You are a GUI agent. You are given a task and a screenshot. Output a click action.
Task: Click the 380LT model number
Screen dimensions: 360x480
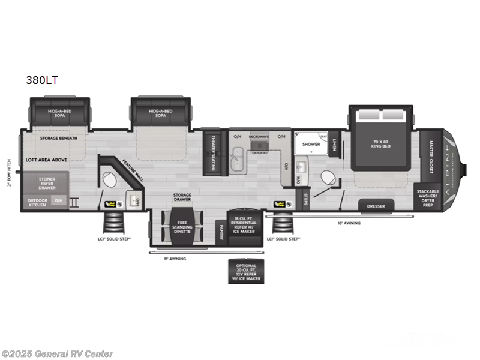point(41,80)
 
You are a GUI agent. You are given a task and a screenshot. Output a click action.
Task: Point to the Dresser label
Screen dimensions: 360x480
point(376,206)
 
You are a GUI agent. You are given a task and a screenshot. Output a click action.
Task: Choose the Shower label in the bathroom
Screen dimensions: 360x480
point(311,144)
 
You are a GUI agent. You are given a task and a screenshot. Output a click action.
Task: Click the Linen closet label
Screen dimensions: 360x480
point(334,144)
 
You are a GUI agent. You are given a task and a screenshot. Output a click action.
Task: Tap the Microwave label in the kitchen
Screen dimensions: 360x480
point(259,136)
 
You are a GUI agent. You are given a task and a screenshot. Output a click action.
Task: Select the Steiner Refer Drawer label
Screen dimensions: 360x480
point(47,182)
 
